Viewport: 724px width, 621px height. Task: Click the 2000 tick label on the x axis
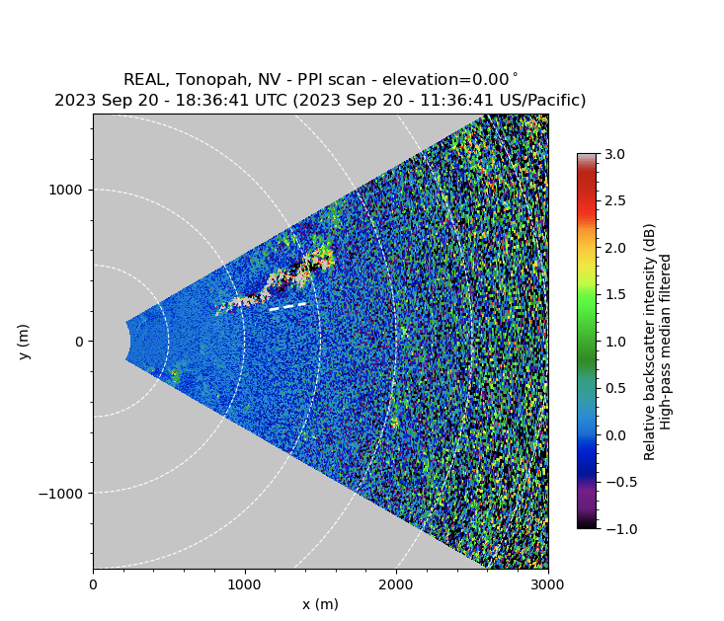point(396,583)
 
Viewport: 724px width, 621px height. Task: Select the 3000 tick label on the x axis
point(548,583)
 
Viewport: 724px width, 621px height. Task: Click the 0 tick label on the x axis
point(93,583)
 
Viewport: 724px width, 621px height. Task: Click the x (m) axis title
point(320,604)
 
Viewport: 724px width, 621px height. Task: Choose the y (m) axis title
point(24,342)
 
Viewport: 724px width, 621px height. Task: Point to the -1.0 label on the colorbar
point(613,529)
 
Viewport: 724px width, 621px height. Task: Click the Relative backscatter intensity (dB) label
point(649,342)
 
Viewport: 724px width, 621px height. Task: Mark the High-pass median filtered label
point(667,342)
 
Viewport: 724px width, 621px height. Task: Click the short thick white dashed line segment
point(287,307)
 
